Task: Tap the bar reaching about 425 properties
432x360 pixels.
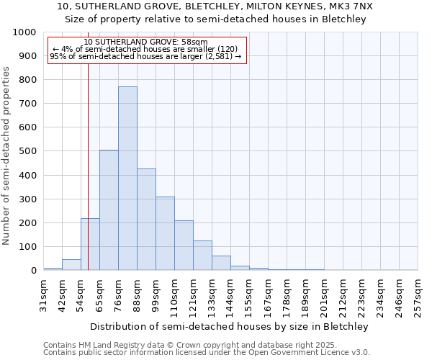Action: click(x=146, y=220)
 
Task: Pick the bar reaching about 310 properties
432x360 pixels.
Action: click(x=165, y=233)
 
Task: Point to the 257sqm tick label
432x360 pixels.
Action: click(x=419, y=297)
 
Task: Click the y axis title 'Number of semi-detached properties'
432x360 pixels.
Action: click(x=6, y=156)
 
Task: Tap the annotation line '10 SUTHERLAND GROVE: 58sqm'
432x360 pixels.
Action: click(x=146, y=42)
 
